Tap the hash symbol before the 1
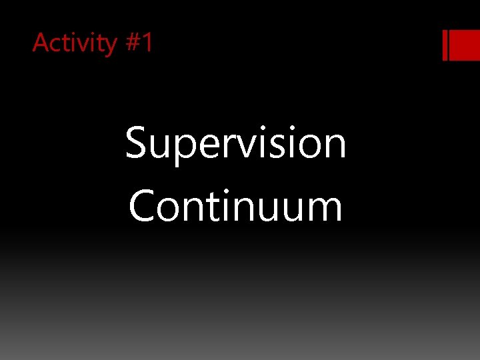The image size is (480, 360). click(131, 43)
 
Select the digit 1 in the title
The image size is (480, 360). click(147, 43)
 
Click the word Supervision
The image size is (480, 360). click(235, 144)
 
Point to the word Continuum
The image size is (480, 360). click(235, 206)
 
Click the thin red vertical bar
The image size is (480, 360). click(445, 45)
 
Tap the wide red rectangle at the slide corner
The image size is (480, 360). click(465, 45)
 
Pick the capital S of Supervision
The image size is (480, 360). click(137, 144)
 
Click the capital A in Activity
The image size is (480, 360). click(41, 43)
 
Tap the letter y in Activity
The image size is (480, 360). click(109, 47)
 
